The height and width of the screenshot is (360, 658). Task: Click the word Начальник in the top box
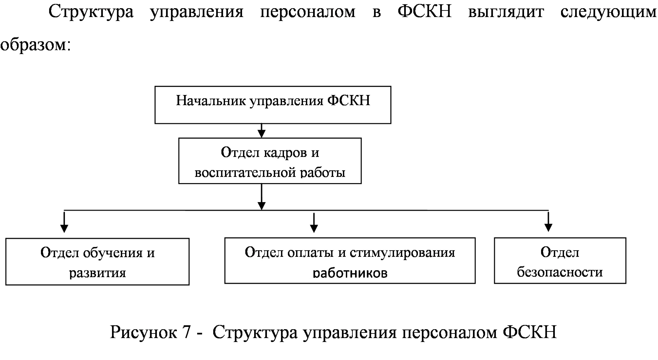211,101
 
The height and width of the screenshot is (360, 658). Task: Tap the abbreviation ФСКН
349,101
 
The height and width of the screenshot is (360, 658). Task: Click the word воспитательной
246,172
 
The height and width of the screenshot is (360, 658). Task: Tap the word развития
97,273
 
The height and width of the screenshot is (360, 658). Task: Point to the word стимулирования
403,253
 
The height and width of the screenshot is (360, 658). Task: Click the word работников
350,273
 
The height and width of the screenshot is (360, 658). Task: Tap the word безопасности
560,272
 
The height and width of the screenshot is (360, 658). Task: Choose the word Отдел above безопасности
560,253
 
